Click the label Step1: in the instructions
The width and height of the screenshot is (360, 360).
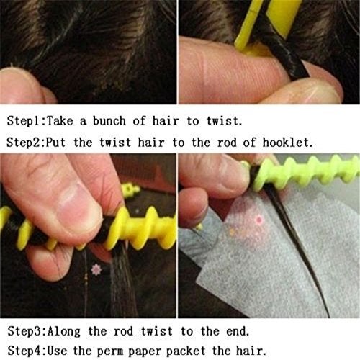(x=26, y=121)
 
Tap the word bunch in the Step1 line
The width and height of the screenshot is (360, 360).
(x=109, y=121)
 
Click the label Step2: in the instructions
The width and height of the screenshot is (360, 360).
(x=26, y=143)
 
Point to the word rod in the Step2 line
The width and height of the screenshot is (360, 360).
(x=227, y=143)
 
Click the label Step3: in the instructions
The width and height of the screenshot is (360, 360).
(x=27, y=332)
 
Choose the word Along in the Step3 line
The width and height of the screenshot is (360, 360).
(x=63, y=332)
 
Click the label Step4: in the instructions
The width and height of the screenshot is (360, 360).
(x=27, y=351)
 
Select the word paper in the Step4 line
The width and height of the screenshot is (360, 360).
(x=143, y=351)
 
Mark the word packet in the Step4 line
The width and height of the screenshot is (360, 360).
(x=186, y=351)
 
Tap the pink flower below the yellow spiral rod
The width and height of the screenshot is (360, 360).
(x=96, y=269)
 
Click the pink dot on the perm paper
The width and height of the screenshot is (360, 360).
(x=259, y=220)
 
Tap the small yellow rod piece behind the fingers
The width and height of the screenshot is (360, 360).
(x=130, y=190)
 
